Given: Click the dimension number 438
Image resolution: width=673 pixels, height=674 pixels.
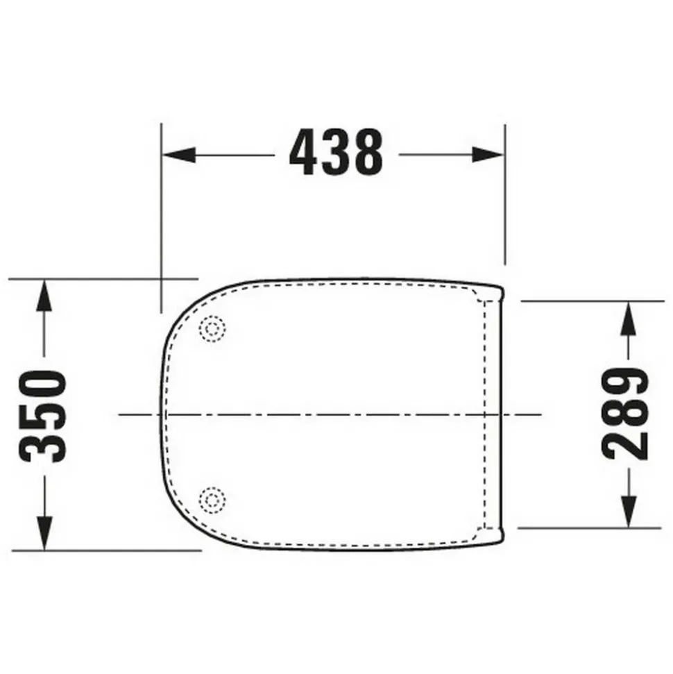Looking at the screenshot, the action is [336, 152].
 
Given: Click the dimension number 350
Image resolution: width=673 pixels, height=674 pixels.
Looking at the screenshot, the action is [43, 416].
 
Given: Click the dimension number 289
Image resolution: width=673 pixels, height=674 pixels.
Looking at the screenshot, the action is [624, 414].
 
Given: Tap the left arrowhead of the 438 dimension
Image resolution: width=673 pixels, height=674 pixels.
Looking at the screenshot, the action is [179, 155].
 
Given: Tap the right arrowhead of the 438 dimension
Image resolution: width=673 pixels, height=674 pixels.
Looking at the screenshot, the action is [488, 155].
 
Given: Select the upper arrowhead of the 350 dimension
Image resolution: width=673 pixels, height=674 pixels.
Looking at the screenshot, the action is [44, 295].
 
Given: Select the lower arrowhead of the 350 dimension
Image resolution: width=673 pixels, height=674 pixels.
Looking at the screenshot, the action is [44, 533].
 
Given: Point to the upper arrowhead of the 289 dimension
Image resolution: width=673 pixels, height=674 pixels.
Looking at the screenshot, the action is [629, 318].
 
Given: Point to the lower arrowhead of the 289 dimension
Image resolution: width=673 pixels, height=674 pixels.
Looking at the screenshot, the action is [629, 511].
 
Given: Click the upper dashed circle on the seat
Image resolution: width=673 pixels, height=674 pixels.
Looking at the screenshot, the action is [212, 329].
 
